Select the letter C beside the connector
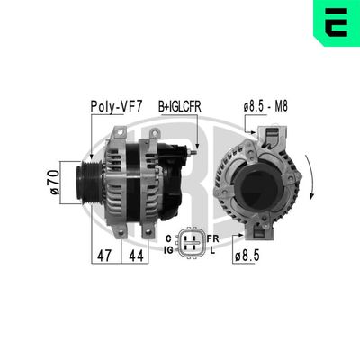(169, 238)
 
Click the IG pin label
(167, 250)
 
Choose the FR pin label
(212, 238)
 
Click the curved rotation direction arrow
(310, 176)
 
